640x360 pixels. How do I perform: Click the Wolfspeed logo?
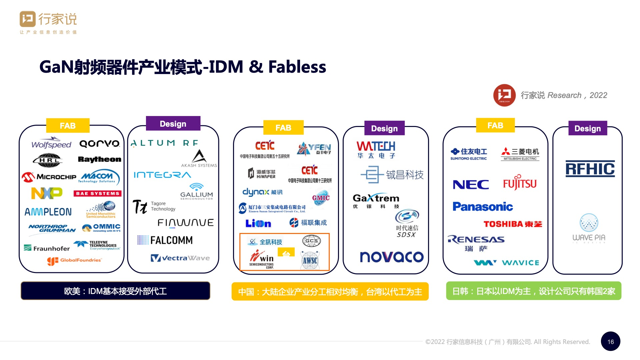51,143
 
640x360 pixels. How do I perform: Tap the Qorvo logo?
99,144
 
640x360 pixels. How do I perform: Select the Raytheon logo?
99,159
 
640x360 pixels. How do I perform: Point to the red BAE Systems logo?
97,193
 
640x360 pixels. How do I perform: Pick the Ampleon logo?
48,212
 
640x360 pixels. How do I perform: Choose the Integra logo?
162,175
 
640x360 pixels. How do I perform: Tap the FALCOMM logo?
165,240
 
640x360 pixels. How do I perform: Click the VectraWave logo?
180,258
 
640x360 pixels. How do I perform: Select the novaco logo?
392,257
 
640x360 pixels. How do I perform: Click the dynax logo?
262,192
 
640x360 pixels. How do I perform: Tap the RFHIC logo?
590,169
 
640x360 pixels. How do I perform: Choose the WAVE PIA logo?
589,229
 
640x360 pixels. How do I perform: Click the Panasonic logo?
483,207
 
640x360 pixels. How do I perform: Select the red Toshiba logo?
513,224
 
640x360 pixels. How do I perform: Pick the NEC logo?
471,185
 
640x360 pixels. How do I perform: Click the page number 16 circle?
610,342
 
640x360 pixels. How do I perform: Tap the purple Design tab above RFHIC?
588,128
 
